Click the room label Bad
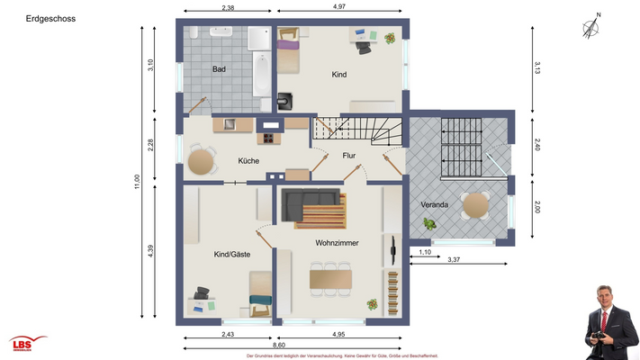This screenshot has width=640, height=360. tap(219, 69)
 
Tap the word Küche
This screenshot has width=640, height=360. tap(248, 160)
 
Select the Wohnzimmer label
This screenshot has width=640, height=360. tap(338, 243)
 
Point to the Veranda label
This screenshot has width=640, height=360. tap(435, 205)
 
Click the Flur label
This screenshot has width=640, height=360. tap(349, 156)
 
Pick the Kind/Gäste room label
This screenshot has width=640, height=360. tap(232, 255)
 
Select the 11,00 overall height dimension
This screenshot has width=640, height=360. tap(137, 180)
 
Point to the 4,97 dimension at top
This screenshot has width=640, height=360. tap(339, 7)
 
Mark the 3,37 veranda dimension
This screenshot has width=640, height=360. tap(455, 260)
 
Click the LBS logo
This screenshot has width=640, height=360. tap(27, 345)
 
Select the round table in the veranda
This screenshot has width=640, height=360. tap(474, 206)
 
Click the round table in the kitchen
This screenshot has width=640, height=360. tap(202, 161)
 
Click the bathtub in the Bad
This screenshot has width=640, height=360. tap(259, 70)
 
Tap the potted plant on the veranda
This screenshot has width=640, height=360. tap(432, 222)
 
